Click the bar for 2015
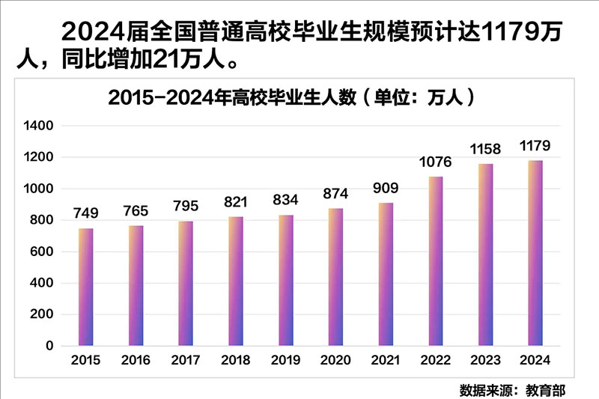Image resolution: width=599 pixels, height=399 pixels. point(86,287)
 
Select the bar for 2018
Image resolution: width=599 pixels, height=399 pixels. point(236,281)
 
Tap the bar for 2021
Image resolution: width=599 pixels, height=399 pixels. point(386,275)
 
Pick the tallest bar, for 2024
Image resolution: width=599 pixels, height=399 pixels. point(535,253)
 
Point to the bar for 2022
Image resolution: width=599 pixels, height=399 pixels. point(436,261)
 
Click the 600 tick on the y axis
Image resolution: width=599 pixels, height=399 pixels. point(42,252)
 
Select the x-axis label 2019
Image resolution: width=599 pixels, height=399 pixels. point(285,361)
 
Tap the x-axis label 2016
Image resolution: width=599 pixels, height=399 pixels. point(136,361)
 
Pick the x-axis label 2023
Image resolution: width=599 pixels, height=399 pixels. point(485,361)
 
